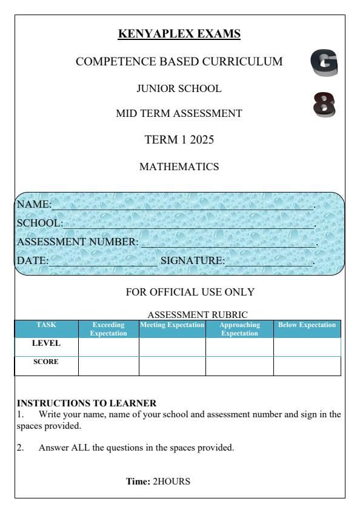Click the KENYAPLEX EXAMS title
(179, 35)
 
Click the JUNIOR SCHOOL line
(179, 88)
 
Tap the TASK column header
(46, 325)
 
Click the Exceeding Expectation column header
(109, 328)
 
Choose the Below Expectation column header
(307, 325)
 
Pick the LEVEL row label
(46, 343)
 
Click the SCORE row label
(46, 363)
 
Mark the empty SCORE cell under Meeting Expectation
(172, 366)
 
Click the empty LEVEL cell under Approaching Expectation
(239, 347)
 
